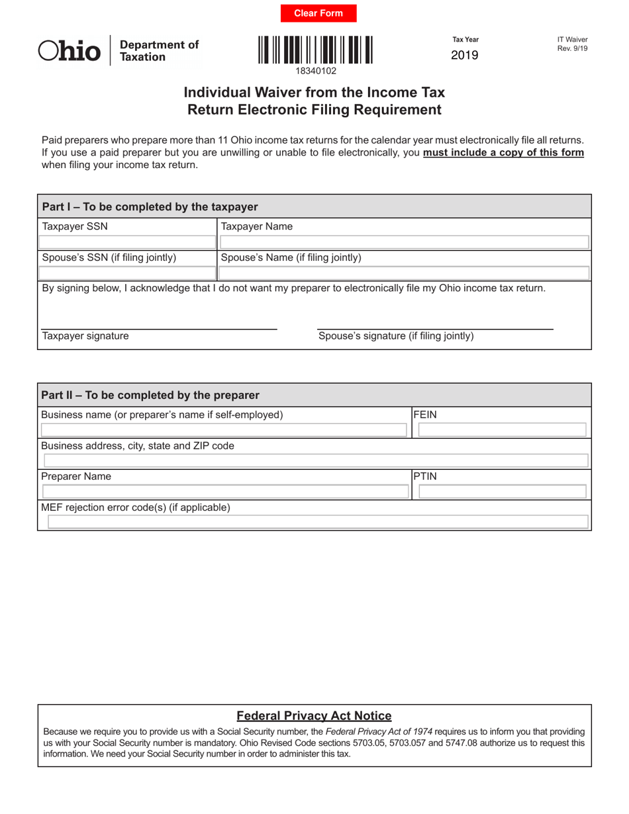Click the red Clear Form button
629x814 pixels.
click(x=318, y=13)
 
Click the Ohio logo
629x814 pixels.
click(x=70, y=51)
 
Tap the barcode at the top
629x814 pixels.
click(x=315, y=50)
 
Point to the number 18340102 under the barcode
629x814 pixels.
click(x=315, y=70)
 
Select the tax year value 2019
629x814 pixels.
click(x=465, y=56)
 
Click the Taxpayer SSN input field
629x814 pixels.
click(x=127, y=242)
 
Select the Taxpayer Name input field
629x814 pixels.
click(x=404, y=242)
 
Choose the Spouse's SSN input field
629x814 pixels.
click(x=127, y=273)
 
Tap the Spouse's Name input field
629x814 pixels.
click(x=404, y=273)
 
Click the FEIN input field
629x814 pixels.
click(x=501, y=430)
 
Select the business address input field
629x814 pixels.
click(x=315, y=461)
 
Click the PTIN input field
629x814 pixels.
click(x=501, y=491)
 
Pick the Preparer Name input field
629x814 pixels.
click(x=225, y=491)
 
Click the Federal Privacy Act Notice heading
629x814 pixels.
click(x=314, y=715)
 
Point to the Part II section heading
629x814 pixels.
click(x=150, y=395)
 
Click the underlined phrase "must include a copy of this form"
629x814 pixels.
click(x=503, y=153)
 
